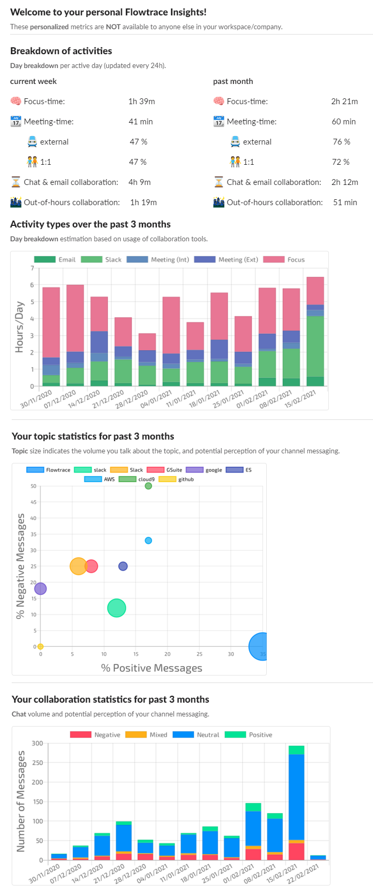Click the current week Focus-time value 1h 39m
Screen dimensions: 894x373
click(x=141, y=102)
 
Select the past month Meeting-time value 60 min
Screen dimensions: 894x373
click(x=344, y=122)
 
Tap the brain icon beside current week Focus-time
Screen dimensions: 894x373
click(x=16, y=101)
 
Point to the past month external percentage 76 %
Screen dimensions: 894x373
click(x=341, y=142)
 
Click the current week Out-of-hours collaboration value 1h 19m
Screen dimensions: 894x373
click(x=143, y=203)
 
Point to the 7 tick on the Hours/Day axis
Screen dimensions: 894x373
click(x=32, y=268)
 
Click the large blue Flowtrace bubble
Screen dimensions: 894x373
click(x=261, y=646)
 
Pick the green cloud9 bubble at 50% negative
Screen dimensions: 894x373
click(x=148, y=486)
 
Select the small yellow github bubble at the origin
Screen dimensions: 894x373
click(x=40, y=646)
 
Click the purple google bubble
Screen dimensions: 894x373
click(x=40, y=588)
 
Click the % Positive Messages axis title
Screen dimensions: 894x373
click(x=151, y=668)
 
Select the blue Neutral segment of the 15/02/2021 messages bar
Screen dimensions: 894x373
click(x=296, y=797)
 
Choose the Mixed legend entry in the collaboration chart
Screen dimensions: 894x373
click(x=147, y=735)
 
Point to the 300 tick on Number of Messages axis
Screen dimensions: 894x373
click(x=37, y=743)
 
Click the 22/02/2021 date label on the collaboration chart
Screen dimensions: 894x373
click(x=304, y=873)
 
